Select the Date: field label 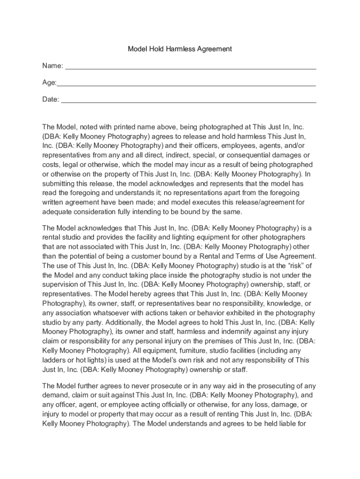point(51,99)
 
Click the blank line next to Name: point(190,68)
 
